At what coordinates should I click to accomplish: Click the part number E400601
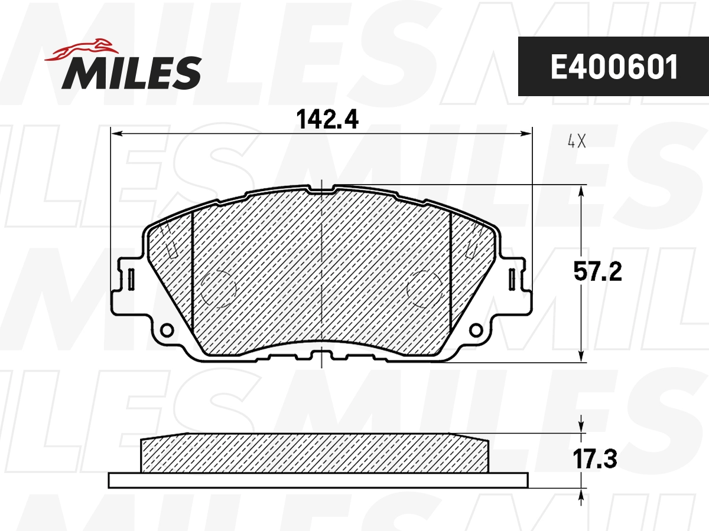coord(613,68)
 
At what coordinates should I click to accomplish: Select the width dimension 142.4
coord(327,120)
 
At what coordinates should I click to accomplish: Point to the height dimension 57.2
coord(598,272)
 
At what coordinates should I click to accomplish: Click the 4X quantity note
coord(576,142)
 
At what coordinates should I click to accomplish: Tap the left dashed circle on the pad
coord(219,289)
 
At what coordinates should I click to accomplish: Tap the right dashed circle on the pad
coord(426,289)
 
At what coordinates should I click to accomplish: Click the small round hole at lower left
coord(167,329)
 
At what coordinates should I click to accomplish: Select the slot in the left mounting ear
coord(131,278)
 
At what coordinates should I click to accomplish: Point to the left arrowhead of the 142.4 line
coord(116,135)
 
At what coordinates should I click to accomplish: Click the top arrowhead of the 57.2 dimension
coord(583,191)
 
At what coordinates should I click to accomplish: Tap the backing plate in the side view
coord(318,480)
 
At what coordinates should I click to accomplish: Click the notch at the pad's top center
coord(321,189)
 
